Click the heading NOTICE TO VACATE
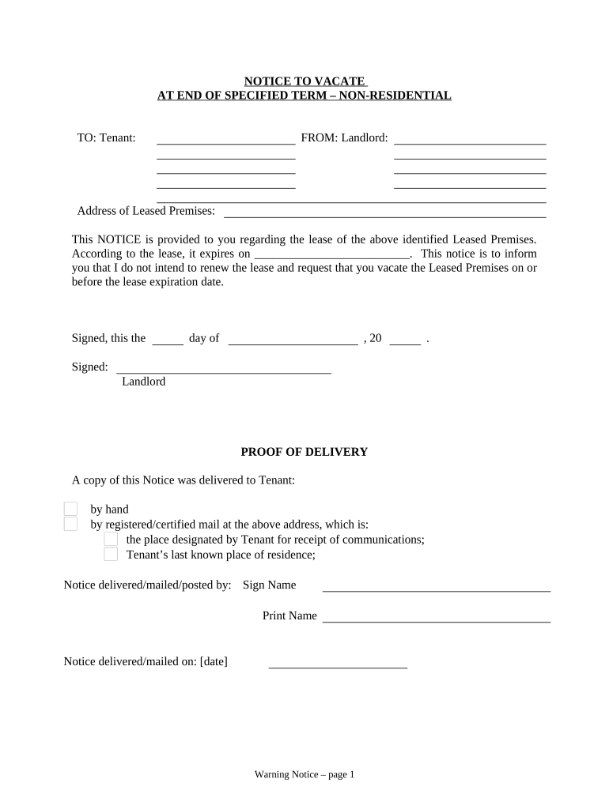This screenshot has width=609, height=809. [x=304, y=81]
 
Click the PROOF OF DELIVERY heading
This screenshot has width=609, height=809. [x=304, y=452]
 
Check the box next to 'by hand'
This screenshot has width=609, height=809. [x=70, y=509]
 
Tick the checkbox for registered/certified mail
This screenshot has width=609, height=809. [x=70, y=524]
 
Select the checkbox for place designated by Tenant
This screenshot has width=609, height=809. [x=111, y=539]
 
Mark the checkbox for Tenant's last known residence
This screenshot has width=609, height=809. [x=111, y=554]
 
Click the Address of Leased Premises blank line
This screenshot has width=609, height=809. [x=385, y=214]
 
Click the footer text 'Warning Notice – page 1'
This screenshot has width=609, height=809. [x=304, y=775]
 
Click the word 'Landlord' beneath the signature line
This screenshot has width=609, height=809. [x=143, y=382]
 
